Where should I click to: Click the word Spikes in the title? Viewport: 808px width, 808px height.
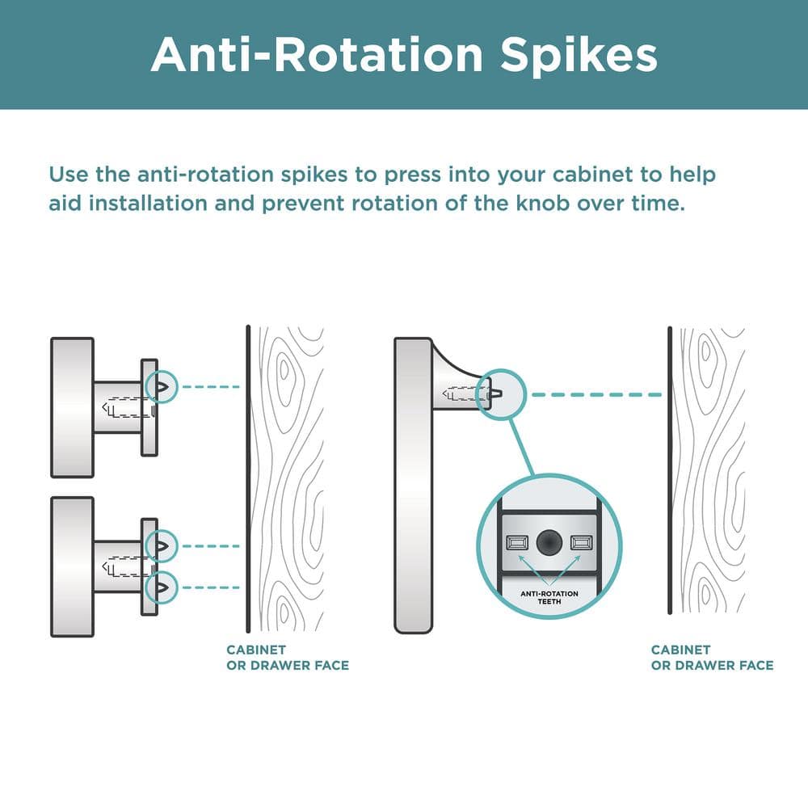click(x=579, y=57)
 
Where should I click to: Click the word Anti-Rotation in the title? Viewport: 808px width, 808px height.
click(x=317, y=54)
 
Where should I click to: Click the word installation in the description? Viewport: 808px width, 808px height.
click(x=148, y=203)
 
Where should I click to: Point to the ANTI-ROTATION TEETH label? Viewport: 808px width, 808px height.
click(x=549, y=597)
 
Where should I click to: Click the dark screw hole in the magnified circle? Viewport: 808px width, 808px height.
click(x=549, y=542)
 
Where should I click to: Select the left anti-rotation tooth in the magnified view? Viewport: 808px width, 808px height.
click(x=517, y=543)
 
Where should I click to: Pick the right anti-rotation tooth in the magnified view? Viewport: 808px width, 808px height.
click(x=581, y=542)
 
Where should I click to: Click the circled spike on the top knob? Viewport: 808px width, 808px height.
click(x=162, y=387)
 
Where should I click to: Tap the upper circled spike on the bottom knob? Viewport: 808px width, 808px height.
click(x=162, y=545)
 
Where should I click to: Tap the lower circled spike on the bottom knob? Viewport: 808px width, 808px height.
click(x=162, y=587)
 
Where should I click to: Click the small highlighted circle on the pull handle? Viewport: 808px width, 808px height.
click(x=500, y=395)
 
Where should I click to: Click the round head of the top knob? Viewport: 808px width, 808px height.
click(x=72, y=407)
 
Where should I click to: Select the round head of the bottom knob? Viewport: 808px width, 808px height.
click(x=72, y=566)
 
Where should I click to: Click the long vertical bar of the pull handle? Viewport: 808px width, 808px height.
click(x=413, y=485)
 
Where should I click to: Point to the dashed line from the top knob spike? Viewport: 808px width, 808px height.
click(x=211, y=386)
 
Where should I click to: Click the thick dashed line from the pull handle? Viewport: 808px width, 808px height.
click(x=597, y=395)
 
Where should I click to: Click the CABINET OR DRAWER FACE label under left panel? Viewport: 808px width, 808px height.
click(x=288, y=658)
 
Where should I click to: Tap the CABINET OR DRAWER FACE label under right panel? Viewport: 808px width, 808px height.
click(x=712, y=658)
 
